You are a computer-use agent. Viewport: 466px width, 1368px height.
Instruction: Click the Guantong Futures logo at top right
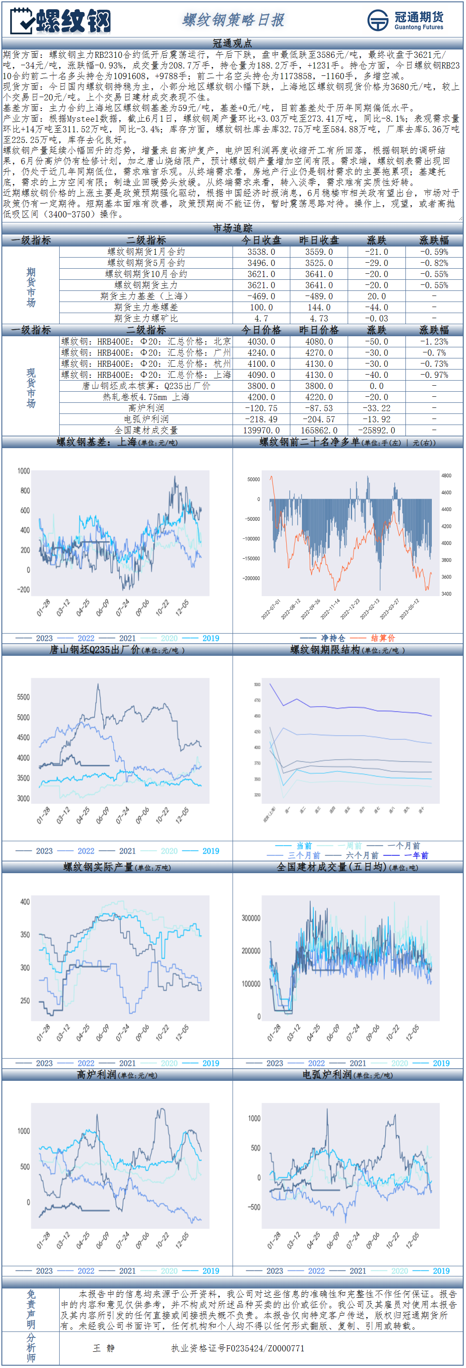(405, 20)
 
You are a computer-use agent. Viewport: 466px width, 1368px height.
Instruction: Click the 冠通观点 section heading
(233, 43)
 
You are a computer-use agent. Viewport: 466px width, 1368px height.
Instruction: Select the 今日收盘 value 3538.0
(261, 252)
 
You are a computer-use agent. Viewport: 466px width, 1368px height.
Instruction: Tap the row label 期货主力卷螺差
(146, 308)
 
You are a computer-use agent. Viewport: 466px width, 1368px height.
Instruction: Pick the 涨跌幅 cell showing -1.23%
(434, 341)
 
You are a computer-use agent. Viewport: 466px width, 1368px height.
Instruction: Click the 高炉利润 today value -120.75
(261, 408)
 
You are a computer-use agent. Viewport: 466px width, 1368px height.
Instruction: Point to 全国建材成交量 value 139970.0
(261, 430)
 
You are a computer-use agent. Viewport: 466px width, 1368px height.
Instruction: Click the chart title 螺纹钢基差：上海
(97, 442)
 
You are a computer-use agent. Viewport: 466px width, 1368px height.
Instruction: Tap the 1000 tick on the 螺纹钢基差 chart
(24, 471)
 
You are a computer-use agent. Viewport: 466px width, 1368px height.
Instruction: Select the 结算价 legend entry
(383, 638)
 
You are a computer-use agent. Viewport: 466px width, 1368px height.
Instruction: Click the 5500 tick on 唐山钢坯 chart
(24, 697)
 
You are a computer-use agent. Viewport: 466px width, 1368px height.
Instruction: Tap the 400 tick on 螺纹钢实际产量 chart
(25, 902)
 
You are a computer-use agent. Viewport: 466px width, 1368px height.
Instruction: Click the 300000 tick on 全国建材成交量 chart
(251, 918)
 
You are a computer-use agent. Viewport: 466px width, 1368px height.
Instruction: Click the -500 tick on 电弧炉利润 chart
(254, 1207)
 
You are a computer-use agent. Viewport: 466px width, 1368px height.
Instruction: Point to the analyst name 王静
(104, 1348)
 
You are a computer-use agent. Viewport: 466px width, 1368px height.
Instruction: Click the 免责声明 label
(31, 1310)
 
